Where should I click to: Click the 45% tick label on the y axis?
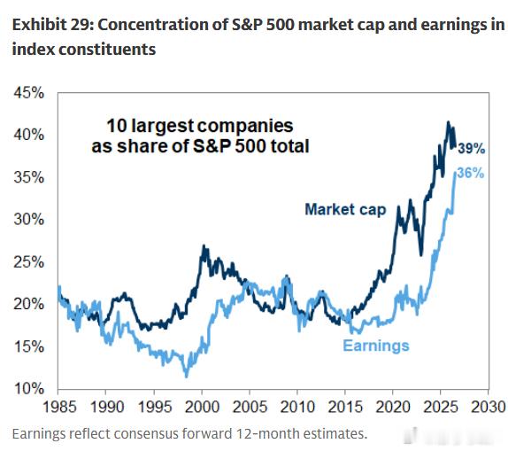pyautogui.click(x=28, y=93)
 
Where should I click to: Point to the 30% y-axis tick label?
pyautogui.click(x=28, y=220)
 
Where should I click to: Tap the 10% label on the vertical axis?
pyautogui.click(x=28, y=388)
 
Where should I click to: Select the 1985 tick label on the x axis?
pyautogui.click(x=59, y=407)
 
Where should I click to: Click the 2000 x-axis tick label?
pyautogui.click(x=202, y=407)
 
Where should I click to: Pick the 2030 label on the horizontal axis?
pyautogui.click(x=489, y=407)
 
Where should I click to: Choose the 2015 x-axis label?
pyautogui.click(x=345, y=407)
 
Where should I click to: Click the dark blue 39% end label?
pyautogui.click(x=472, y=149)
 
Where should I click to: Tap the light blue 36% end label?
pyautogui.click(x=471, y=174)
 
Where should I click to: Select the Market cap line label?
pyautogui.click(x=345, y=210)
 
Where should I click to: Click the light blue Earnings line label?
pyautogui.click(x=376, y=346)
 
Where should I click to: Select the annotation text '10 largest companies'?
pyautogui.click(x=200, y=126)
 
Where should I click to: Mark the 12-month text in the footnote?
pyautogui.click(x=267, y=434)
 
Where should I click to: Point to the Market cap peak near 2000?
pyautogui.click(x=204, y=246)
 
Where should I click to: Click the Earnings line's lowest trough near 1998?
pyautogui.click(x=186, y=377)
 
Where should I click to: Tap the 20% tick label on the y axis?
pyautogui.click(x=28, y=304)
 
